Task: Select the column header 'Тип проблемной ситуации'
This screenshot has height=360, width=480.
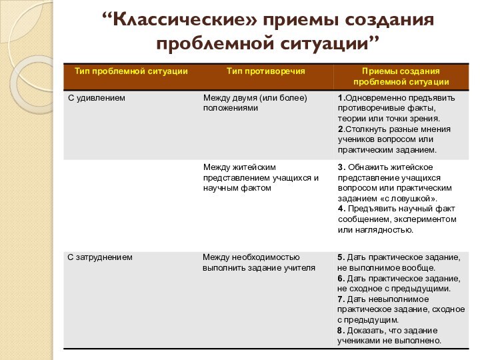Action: click(x=131, y=70)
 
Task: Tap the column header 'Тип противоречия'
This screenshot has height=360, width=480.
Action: click(x=266, y=70)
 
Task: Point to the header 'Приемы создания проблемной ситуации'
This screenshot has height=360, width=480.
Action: click(x=401, y=75)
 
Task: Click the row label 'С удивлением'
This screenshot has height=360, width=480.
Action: click(x=97, y=98)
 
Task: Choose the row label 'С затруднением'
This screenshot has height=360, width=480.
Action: click(x=100, y=257)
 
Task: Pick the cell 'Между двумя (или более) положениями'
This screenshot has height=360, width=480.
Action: click(x=255, y=103)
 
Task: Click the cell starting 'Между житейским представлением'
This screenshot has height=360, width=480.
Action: click(x=261, y=177)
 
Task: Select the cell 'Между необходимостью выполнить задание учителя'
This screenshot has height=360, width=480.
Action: click(x=259, y=262)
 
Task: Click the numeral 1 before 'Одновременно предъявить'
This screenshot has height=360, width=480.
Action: click(x=340, y=98)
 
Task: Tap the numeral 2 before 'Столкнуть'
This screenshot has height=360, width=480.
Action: click(x=340, y=129)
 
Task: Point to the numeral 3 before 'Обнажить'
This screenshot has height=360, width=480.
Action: click(x=341, y=167)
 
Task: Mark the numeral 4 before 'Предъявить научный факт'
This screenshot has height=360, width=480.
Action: click(x=341, y=209)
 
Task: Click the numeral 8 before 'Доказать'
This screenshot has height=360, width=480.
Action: click(x=340, y=330)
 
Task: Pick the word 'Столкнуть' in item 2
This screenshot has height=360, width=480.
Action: click(x=364, y=129)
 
